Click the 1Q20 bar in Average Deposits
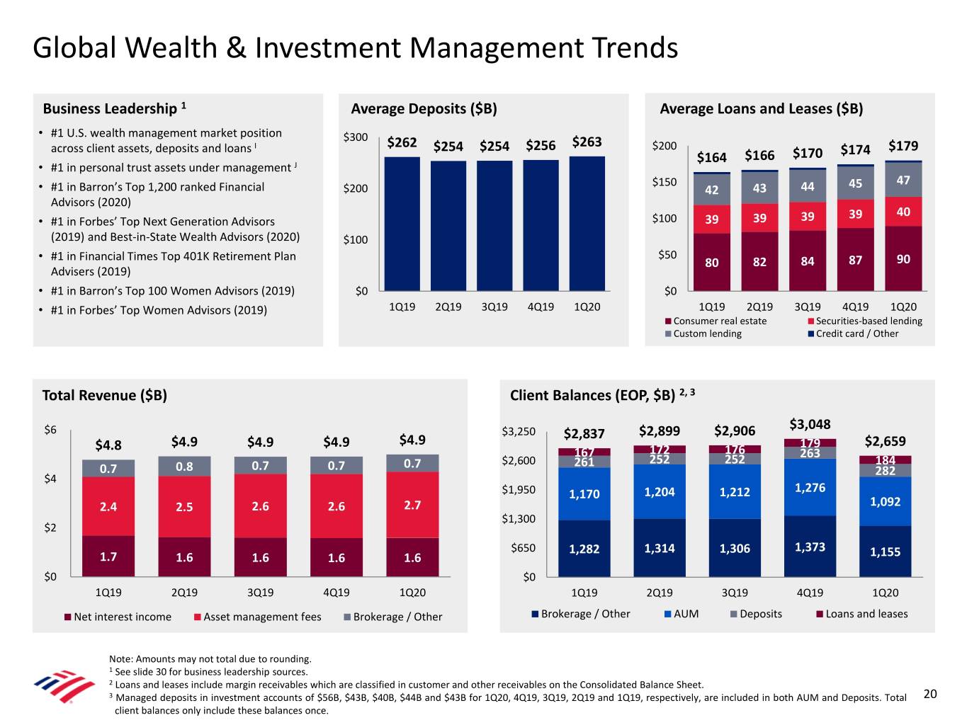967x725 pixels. (x=587, y=223)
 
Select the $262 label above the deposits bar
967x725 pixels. (x=402, y=143)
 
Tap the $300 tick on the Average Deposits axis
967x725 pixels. (x=355, y=137)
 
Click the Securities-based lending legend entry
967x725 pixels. (x=869, y=321)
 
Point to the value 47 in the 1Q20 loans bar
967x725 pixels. (x=903, y=181)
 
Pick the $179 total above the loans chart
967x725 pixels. (x=903, y=147)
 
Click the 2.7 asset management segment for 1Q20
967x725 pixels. (x=412, y=505)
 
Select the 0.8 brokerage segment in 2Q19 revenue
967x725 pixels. (x=184, y=467)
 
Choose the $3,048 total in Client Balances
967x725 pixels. (x=810, y=425)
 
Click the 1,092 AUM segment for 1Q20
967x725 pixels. (x=885, y=502)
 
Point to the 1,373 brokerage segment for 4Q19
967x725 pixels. (x=810, y=547)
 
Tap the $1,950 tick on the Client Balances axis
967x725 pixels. (x=519, y=490)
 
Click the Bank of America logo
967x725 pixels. (x=64, y=686)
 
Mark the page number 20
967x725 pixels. (x=930, y=694)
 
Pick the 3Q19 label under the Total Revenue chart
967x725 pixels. (x=260, y=593)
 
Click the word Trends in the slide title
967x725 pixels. (x=630, y=48)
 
